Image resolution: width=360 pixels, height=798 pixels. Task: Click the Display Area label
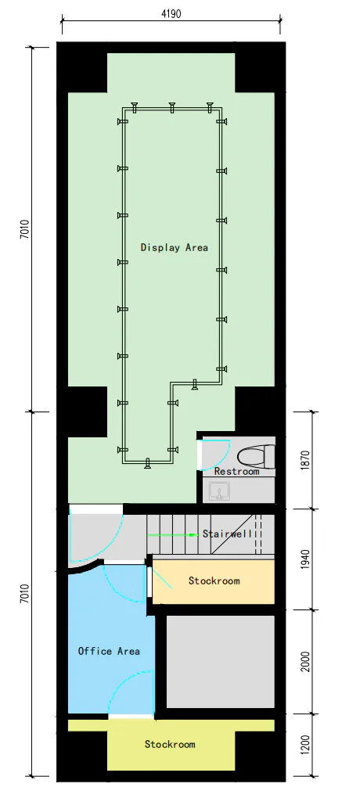(x=175, y=248)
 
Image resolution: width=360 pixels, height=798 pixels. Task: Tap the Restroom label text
(x=236, y=471)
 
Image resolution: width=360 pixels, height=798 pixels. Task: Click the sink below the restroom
(x=220, y=492)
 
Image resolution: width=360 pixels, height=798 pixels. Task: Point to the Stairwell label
(x=227, y=534)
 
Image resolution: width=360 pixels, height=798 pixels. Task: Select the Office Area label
(x=109, y=651)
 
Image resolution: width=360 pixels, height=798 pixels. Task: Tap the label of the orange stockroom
(x=214, y=581)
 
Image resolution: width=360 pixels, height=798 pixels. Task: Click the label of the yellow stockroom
(x=170, y=744)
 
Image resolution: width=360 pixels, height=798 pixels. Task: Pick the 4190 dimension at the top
(x=171, y=14)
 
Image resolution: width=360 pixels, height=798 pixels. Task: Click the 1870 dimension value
(x=305, y=459)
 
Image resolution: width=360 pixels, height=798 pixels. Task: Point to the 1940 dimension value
(x=305, y=559)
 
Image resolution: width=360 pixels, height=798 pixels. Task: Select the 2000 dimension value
(x=305, y=661)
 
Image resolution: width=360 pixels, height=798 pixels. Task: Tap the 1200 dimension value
(x=305, y=745)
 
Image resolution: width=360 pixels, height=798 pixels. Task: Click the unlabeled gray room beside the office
(x=221, y=662)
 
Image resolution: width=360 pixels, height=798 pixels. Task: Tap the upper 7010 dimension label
(x=24, y=229)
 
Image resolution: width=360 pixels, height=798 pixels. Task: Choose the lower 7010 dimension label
(x=24, y=594)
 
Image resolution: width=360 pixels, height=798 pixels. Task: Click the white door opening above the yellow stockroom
(x=131, y=717)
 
